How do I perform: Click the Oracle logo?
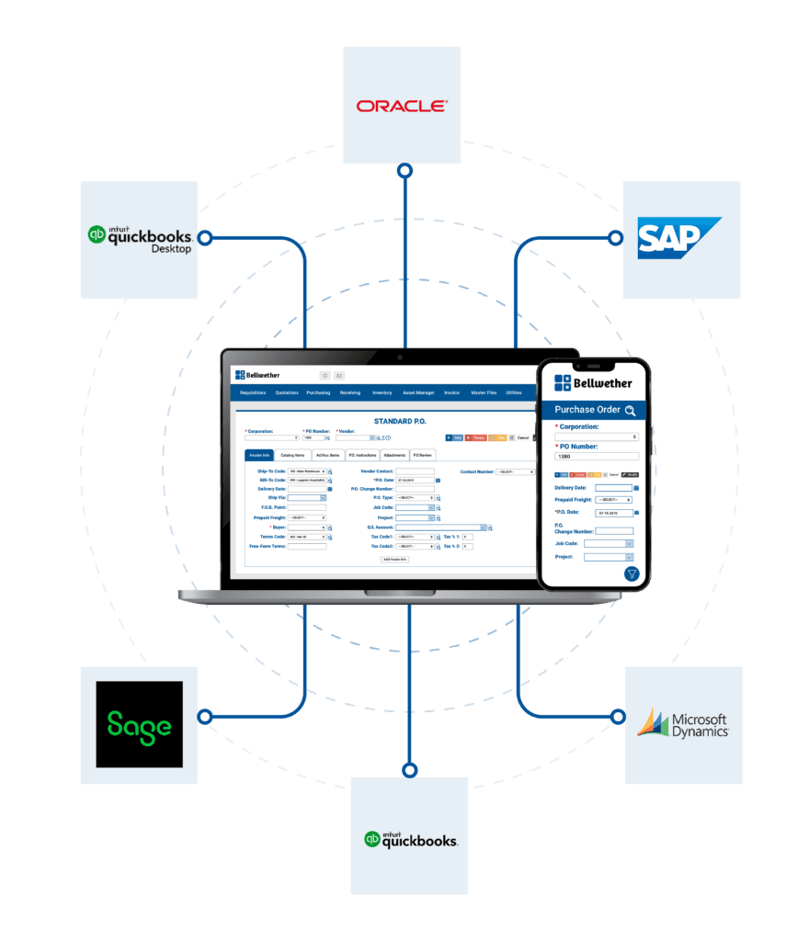coord(402,107)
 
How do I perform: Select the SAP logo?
coord(679,238)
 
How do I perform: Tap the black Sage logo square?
coord(139,724)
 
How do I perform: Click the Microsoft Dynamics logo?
coord(683,724)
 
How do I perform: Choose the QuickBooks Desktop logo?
coord(140,238)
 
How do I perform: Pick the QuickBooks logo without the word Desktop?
coord(410,838)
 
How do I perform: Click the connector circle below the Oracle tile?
coord(404,171)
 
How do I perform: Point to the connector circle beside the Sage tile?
coord(205,716)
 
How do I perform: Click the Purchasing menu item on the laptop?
coord(318,392)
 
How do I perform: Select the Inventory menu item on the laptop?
coord(382,392)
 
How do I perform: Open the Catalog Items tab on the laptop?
coord(292,455)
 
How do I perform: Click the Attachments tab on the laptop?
coord(394,455)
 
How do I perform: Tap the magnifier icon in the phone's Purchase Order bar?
coord(630,411)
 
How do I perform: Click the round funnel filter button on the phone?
coord(632,573)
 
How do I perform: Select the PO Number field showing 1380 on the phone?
coord(596,456)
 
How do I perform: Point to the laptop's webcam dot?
coord(400,356)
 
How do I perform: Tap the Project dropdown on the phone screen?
coord(608,557)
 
